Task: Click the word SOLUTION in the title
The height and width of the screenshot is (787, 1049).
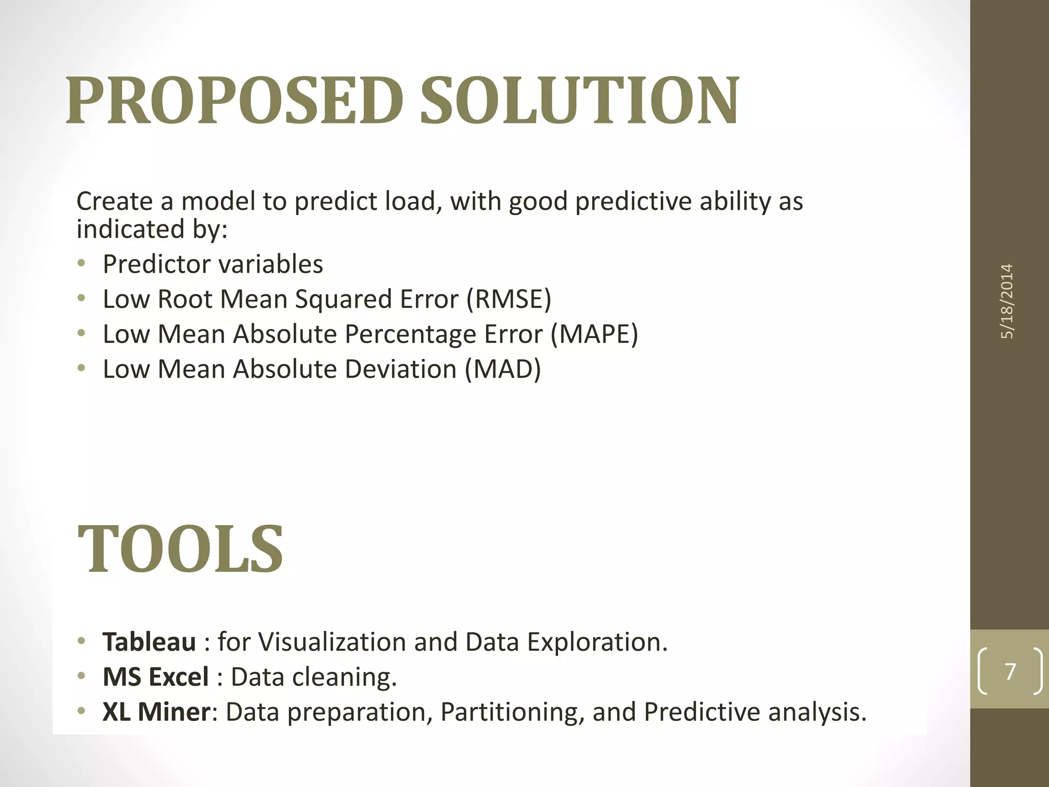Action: point(579,100)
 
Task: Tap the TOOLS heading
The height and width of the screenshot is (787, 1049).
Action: point(180,549)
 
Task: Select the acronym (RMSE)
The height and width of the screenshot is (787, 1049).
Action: point(509,299)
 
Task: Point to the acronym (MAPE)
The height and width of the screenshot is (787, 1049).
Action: point(595,334)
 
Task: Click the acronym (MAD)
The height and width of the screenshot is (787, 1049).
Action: point(502,369)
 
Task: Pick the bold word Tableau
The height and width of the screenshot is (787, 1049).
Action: point(149,641)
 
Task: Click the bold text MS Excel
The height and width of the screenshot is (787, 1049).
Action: point(156,677)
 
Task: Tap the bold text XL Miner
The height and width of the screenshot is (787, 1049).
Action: point(156,712)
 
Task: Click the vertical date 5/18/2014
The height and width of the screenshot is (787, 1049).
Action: point(1007,301)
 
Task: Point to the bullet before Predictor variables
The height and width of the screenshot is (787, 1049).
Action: point(81,264)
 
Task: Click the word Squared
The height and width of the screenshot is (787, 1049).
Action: point(343,299)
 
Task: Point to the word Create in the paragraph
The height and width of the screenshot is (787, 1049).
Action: point(114,201)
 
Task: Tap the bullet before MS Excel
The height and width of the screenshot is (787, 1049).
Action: point(81,677)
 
